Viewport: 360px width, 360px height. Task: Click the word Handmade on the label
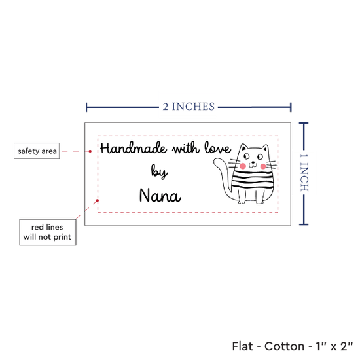[x=134, y=148]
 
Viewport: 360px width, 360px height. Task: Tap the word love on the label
[x=217, y=147]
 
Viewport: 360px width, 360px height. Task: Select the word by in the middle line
[x=159, y=171]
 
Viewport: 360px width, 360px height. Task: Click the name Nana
[x=160, y=195]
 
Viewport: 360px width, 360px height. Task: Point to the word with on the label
[x=186, y=148]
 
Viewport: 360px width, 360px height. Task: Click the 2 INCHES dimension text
[x=189, y=107]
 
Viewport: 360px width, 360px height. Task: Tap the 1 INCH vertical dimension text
[x=304, y=173]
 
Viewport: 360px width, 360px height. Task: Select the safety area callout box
[x=37, y=151]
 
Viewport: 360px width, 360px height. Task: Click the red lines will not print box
[x=48, y=232]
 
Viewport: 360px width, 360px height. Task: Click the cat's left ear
[x=243, y=147]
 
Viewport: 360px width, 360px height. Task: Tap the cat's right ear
[x=265, y=148]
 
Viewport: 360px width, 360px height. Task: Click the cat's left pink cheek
[x=243, y=166]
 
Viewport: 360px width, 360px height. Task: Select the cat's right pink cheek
[x=263, y=166]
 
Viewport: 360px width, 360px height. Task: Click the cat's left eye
[x=247, y=156]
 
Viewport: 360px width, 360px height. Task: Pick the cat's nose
[x=253, y=162]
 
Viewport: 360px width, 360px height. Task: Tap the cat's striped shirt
[x=253, y=180]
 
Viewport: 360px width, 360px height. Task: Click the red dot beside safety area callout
[x=90, y=151]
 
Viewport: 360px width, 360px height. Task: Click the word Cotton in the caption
[x=284, y=346]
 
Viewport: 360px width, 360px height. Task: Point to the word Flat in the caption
[x=242, y=346]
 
